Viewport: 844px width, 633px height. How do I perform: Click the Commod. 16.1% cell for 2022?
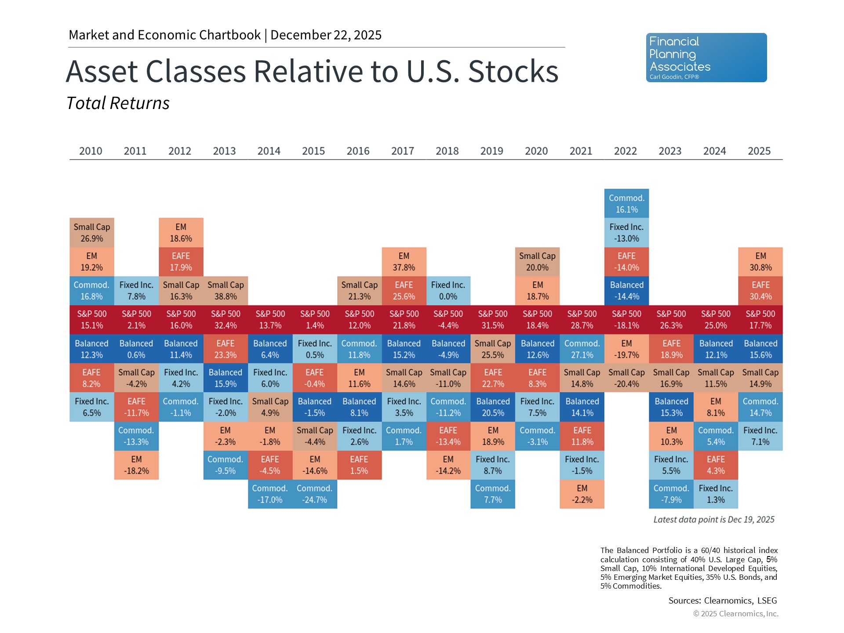point(626,204)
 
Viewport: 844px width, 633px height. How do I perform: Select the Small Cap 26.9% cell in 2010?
point(92,233)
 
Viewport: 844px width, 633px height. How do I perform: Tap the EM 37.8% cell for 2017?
point(404,262)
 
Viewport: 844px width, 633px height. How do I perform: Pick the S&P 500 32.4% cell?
point(226,320)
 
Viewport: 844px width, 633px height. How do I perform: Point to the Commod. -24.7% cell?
point(315,494)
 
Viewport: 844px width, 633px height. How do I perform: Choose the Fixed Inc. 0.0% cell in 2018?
point(448,291)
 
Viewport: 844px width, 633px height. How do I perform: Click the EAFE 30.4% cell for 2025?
point(760,291)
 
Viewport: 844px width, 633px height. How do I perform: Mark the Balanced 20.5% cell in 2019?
point(493,407)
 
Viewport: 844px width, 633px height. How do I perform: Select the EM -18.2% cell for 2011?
point(136,465)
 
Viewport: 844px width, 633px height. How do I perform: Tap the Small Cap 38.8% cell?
point(226,291)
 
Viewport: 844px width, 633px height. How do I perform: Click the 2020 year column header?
point(536,151)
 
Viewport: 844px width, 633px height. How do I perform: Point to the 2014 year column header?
point(269,151)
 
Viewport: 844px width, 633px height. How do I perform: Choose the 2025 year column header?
point(759,151)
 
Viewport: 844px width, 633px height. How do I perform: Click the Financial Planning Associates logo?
point(706,58)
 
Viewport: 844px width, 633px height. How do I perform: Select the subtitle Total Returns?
point(118,103)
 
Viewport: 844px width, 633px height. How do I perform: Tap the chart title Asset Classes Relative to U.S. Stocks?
point(312,71)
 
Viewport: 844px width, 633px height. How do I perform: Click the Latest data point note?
point(713,520)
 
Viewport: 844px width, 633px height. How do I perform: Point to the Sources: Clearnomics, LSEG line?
point(722,600)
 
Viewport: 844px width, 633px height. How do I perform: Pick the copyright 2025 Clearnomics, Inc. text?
point(735,614)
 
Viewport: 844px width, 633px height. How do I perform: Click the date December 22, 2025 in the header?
point(326,35)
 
